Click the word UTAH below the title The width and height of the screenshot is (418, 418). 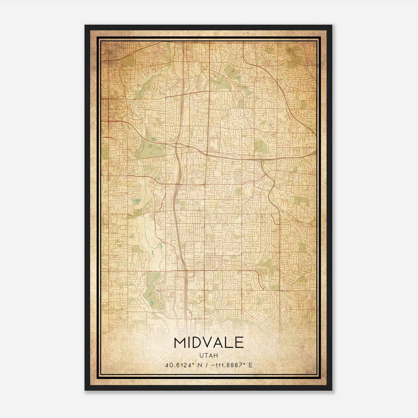click(208, 356)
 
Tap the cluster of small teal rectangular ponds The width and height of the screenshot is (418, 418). click(136, 201)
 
